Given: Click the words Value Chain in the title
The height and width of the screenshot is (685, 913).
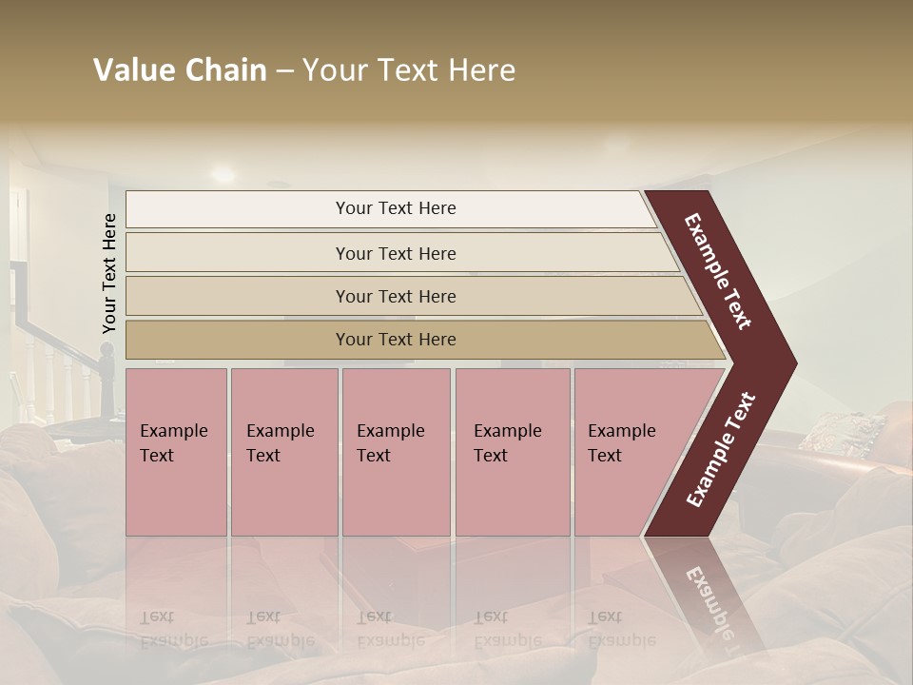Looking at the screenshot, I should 180,70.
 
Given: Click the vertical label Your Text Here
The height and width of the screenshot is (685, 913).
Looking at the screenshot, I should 109,273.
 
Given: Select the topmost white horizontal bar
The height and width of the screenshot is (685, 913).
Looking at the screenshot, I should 390,208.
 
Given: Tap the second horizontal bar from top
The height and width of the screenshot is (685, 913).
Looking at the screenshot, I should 399,253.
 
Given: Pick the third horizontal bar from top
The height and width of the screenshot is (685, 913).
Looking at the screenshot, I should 409,296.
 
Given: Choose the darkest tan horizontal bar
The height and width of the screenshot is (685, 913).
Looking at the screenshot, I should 418,340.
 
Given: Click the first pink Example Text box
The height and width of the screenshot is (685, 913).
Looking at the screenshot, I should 176,451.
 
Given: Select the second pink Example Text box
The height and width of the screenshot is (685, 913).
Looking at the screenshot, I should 283,451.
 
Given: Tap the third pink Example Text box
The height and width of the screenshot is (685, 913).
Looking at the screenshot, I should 396,451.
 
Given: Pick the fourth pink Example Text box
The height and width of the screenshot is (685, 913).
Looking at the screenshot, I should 512,451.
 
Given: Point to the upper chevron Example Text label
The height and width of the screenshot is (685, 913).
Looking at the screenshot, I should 718,271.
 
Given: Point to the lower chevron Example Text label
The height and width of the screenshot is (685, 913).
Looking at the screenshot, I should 721,449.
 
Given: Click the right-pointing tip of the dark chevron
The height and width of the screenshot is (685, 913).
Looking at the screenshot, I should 788,363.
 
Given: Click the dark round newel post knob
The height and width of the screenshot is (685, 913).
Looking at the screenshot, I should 107,349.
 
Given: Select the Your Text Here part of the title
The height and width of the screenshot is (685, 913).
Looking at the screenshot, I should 409,70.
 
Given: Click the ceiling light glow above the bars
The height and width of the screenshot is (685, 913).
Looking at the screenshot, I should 223,174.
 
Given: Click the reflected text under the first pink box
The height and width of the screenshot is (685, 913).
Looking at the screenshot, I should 173,629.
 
